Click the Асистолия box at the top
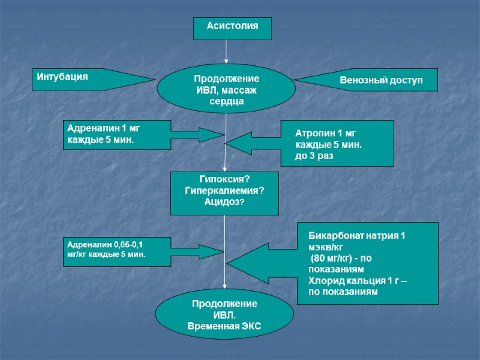(232, 27)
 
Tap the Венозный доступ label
(381, 80)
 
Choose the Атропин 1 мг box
(338, 143)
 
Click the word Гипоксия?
(224, 180)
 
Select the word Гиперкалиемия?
(224, 191)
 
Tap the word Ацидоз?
(224, 202)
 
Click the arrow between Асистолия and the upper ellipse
(226, 51)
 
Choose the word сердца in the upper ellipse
(226, 102)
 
